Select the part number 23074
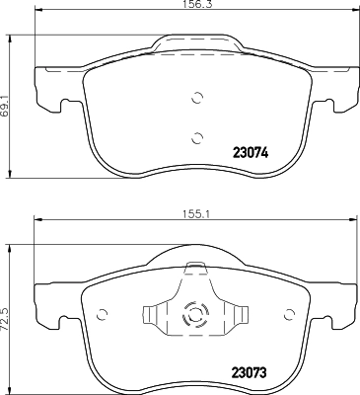click(250, 154)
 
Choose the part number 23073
click(251, 371)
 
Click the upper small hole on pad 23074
click(196, 97)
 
